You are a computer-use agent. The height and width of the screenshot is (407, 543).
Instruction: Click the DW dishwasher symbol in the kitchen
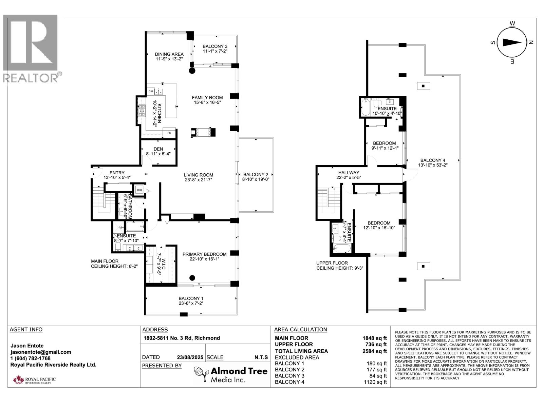151,91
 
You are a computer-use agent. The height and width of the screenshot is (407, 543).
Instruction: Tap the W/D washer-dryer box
139,190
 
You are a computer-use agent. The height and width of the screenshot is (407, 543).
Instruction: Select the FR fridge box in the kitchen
169,133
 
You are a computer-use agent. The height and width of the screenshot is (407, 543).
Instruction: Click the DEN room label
158,149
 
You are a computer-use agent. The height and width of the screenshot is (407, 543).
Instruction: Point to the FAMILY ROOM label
207,98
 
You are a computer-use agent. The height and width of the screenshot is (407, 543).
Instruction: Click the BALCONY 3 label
215,46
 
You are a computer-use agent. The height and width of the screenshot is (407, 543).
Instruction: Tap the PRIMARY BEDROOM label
205,254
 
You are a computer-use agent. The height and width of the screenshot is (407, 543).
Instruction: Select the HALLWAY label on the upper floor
349,173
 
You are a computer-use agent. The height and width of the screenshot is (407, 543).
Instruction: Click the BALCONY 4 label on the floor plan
433,160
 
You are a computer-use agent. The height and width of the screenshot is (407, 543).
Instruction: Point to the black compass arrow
512,42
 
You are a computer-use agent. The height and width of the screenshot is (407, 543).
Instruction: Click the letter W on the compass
512,23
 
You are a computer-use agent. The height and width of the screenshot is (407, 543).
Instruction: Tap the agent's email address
41,352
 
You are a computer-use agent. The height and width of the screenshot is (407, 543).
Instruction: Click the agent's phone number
31,358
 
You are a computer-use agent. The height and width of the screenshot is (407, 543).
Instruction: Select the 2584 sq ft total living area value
375,351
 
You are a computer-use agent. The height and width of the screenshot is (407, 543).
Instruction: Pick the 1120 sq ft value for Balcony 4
375,382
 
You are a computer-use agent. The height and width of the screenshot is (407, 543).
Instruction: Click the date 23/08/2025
190,357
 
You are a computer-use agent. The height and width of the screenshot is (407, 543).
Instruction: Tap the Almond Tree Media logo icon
201,374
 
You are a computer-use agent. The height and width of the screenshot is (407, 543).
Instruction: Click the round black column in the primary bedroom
192,278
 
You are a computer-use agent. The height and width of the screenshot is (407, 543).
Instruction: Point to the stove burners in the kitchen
142,111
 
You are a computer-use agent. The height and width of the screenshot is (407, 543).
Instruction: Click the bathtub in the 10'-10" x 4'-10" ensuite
365,107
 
